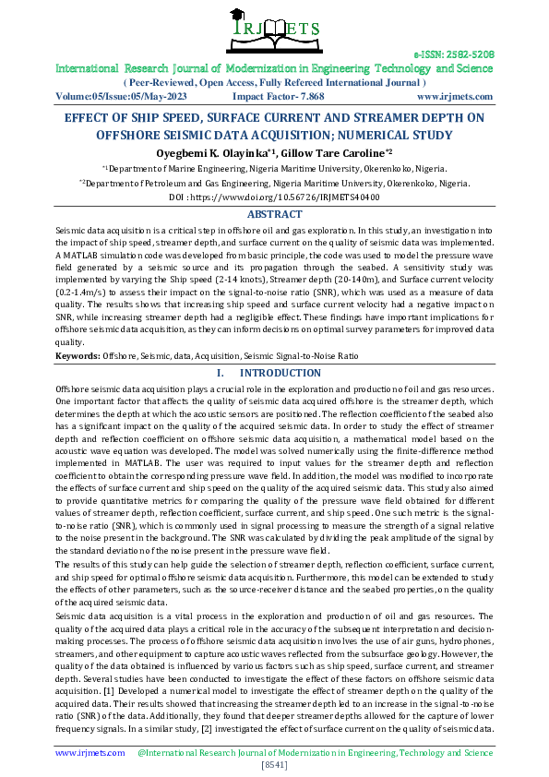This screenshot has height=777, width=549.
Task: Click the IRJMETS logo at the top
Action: [x=274, y=32]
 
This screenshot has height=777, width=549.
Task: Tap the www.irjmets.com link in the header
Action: [x=454, y=95]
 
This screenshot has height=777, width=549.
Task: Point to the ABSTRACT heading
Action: [x=274, y=214]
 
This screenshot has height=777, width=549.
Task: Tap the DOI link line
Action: [x=274, y=197]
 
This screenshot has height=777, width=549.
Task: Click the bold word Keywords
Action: [x=77, y=355]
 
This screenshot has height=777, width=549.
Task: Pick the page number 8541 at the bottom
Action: [x=274, y=765]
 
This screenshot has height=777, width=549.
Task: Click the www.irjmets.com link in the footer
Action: [x=90, y=753]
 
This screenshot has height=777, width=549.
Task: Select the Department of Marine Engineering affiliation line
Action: [x=274, y=169]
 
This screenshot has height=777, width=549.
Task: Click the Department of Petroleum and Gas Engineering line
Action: [x=274, y=184]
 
